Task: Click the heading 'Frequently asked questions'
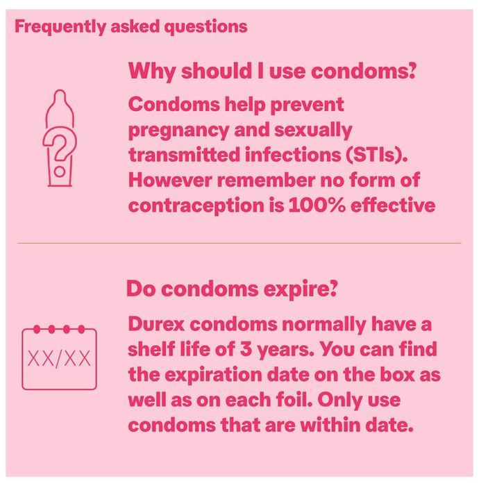pyautogui.click(x=131, y=26)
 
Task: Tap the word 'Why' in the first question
pyautogui.click(x=152, y=72)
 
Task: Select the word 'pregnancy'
pyautogui.click(x=178, y=131)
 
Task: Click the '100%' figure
pyautogui.click(x=317, y=206)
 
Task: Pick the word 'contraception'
pyautogui.click(x=196, y=206)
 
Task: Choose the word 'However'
pyautogui.click(x=170, y=180)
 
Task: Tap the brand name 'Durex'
pyautogui.click(x=156, y=324)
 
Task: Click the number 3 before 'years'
pyautogui.click(x=245, y=349)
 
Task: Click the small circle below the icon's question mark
pyautogui.click(x=60, y=171)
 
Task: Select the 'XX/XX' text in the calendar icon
pyautogui.click(x=59, y=359)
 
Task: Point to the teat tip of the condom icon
pyautogui.click(x=60, y=91)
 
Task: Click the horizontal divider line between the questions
pyautogui.click(x=239, y=243)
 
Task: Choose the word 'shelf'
pyautogui.click(x=151, y=349)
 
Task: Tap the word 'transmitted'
pyautogui.click(x=185, y=155)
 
